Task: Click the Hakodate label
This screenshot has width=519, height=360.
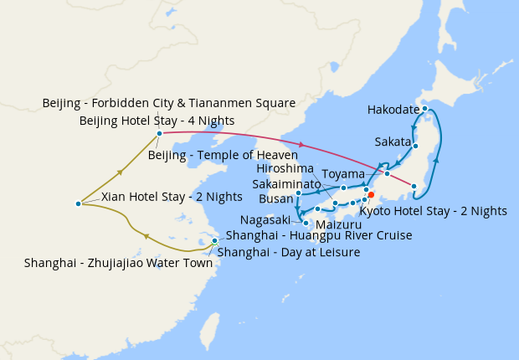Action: tap(394, 110)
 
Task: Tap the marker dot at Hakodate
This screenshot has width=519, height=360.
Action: tap(424, 108)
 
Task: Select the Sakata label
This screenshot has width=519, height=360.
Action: tap(393, 141)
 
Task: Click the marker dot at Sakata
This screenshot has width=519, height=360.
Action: tap(415, 147)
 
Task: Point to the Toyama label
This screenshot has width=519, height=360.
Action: tap(343, 174)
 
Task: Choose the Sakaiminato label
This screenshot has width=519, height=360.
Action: tap(286, 184)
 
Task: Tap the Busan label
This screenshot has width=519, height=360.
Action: tap(275, 199)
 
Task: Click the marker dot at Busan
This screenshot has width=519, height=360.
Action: tap(298, 194)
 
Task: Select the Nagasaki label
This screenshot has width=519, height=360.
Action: tap(265, 220)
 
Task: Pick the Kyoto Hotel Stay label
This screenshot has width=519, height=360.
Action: tap(433, 211)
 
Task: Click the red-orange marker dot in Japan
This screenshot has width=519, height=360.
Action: tap(371, 194)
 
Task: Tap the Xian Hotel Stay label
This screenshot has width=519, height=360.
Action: tap(172, 198)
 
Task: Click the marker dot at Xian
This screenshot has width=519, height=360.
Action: tap(78, 203)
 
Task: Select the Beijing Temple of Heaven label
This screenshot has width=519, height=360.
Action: tap(223, 155)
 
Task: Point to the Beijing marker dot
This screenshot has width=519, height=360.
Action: tap(159, 133)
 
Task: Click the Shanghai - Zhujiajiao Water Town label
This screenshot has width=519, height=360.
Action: tap(117, 263)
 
